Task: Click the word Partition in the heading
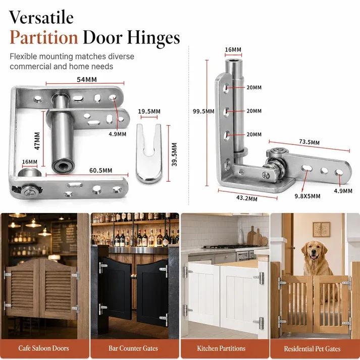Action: tap(43, 37)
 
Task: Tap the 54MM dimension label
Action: tap(87, 79)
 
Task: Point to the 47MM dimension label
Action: tap(37, 141)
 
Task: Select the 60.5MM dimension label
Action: tap(101, 170)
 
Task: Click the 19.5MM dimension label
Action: tap(149, 112)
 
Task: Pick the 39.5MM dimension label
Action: tap(174, 155)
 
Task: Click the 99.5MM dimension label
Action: tap(203, 112)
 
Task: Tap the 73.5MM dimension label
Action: tap(310, 142)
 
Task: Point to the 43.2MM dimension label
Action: tap(247, 198)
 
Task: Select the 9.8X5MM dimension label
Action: tap(307, 196)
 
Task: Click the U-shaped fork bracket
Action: tap(149, 153)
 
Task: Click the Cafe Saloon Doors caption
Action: tap(43, 348)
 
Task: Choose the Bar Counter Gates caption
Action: tap(133, 348)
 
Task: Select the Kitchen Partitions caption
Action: tap(221, 348)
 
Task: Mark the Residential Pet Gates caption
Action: tap(312, 349)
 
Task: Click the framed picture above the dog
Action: tap(322, 230)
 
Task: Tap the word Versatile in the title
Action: tap(41, 17)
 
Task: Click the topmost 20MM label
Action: tap(254, 87)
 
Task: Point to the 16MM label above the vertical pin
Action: tap(233, 49)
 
